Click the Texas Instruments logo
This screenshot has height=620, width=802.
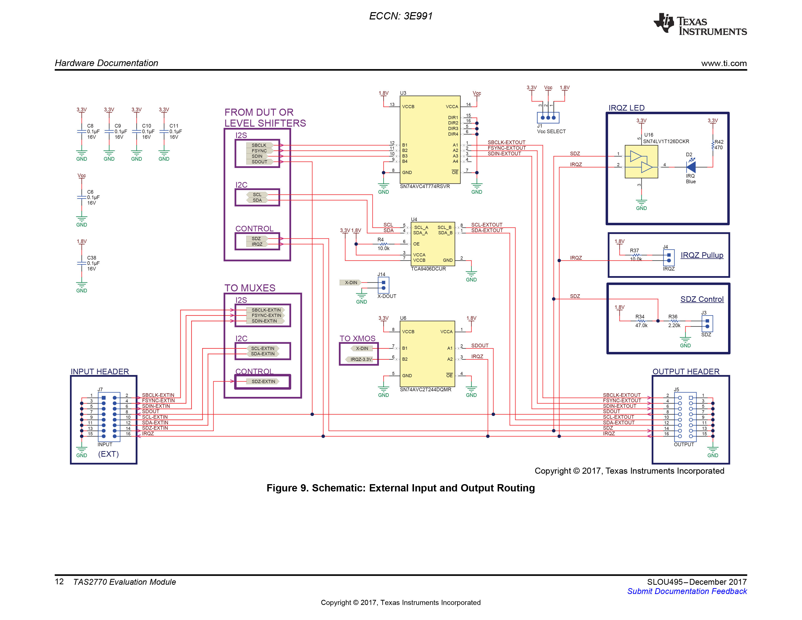click(700, 25)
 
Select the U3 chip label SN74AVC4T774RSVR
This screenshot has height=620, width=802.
click(425, 186)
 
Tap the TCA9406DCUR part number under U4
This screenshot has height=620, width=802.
click(428, 269)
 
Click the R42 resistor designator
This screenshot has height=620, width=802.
click(719, 142)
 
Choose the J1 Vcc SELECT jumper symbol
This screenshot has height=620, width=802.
click(548, 118)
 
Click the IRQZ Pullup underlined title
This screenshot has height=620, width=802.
click(702, 255)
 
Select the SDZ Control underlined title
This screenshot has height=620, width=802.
click(702, 299)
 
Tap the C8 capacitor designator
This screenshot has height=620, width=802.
click(90, 126)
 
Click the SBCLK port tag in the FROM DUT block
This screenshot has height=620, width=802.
click(259, 145)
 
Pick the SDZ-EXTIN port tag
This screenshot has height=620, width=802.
click(263, 381)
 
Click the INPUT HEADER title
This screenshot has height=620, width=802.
click(100, 371)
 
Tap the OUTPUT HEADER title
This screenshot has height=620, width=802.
click(686, 371)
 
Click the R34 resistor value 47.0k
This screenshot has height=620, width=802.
click(641, 325)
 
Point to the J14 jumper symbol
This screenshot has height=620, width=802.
click(383, 285)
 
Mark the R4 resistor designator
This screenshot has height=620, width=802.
click(380, 239)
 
